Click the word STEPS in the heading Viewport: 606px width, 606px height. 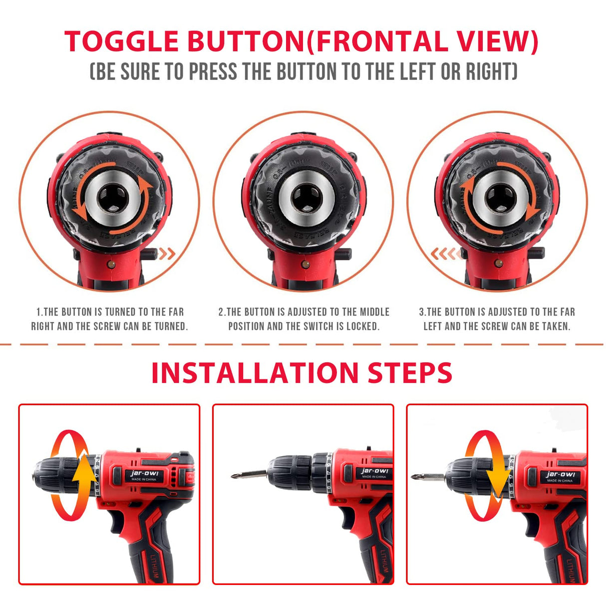click(410, 373)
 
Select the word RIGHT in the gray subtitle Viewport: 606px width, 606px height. click(491, 72)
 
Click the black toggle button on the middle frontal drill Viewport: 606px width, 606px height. click(345, 254)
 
